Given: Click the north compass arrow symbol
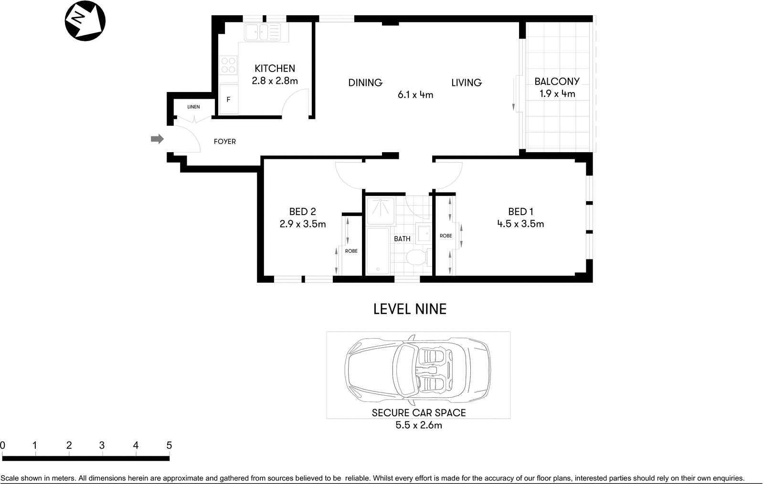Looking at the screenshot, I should point(85,21).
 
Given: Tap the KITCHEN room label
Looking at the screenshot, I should point(275,68).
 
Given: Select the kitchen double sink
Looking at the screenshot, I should point(262,32).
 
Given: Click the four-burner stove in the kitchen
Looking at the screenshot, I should point(228,65).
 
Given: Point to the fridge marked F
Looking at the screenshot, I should point(229,99).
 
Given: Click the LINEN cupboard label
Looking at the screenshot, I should point(193,107).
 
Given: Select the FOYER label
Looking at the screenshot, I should point(224,142).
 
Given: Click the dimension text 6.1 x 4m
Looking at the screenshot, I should point(415,95).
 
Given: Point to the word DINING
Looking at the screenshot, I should point(365,83).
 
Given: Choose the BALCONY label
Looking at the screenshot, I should point(557,82).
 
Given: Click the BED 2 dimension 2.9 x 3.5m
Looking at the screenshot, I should point(303,224).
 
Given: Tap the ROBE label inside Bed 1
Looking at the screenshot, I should point(446,236).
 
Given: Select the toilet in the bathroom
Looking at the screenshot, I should point(415,258).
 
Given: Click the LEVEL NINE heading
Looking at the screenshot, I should point(410,309).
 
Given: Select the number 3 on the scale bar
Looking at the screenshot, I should point(102,445).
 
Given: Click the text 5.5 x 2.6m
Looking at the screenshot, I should point(418,425).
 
